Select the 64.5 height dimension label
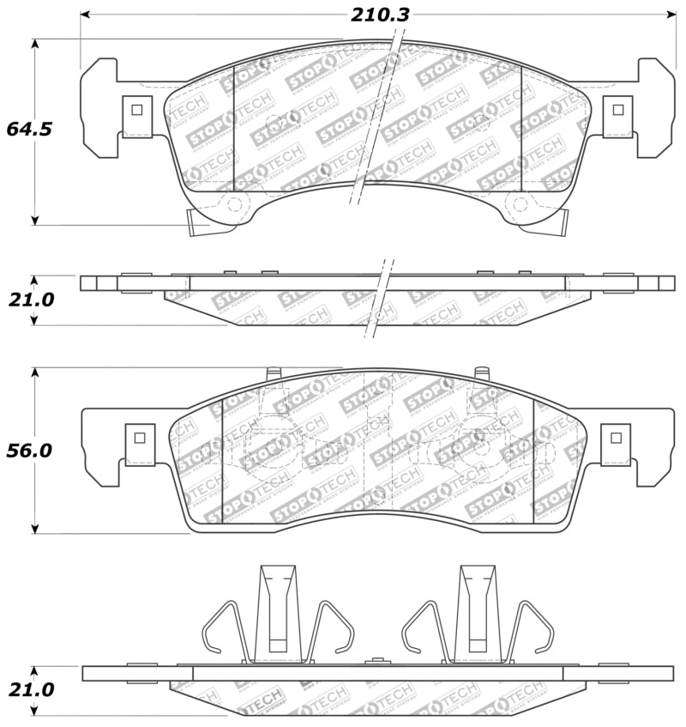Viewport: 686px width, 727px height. pos(29,129)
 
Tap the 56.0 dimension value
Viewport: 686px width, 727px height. pos(29,450)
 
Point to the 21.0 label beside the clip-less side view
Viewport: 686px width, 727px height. pos(30,300)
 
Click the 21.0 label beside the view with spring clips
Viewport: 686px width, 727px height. pos(30,689)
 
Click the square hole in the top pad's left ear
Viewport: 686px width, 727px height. pos(135,109)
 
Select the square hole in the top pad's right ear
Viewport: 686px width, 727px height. pos(617,109)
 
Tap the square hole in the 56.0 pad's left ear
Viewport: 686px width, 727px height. pos(136,437)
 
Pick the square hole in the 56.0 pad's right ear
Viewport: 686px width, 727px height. pos(615,437)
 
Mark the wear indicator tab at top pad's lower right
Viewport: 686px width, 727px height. pos(558,224)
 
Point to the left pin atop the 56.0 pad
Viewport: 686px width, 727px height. pos(274,373)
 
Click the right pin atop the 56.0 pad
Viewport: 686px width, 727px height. pos(481,373)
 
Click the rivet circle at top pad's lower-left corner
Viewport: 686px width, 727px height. pos(233,204)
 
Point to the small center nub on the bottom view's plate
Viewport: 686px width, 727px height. pos(376,661)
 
